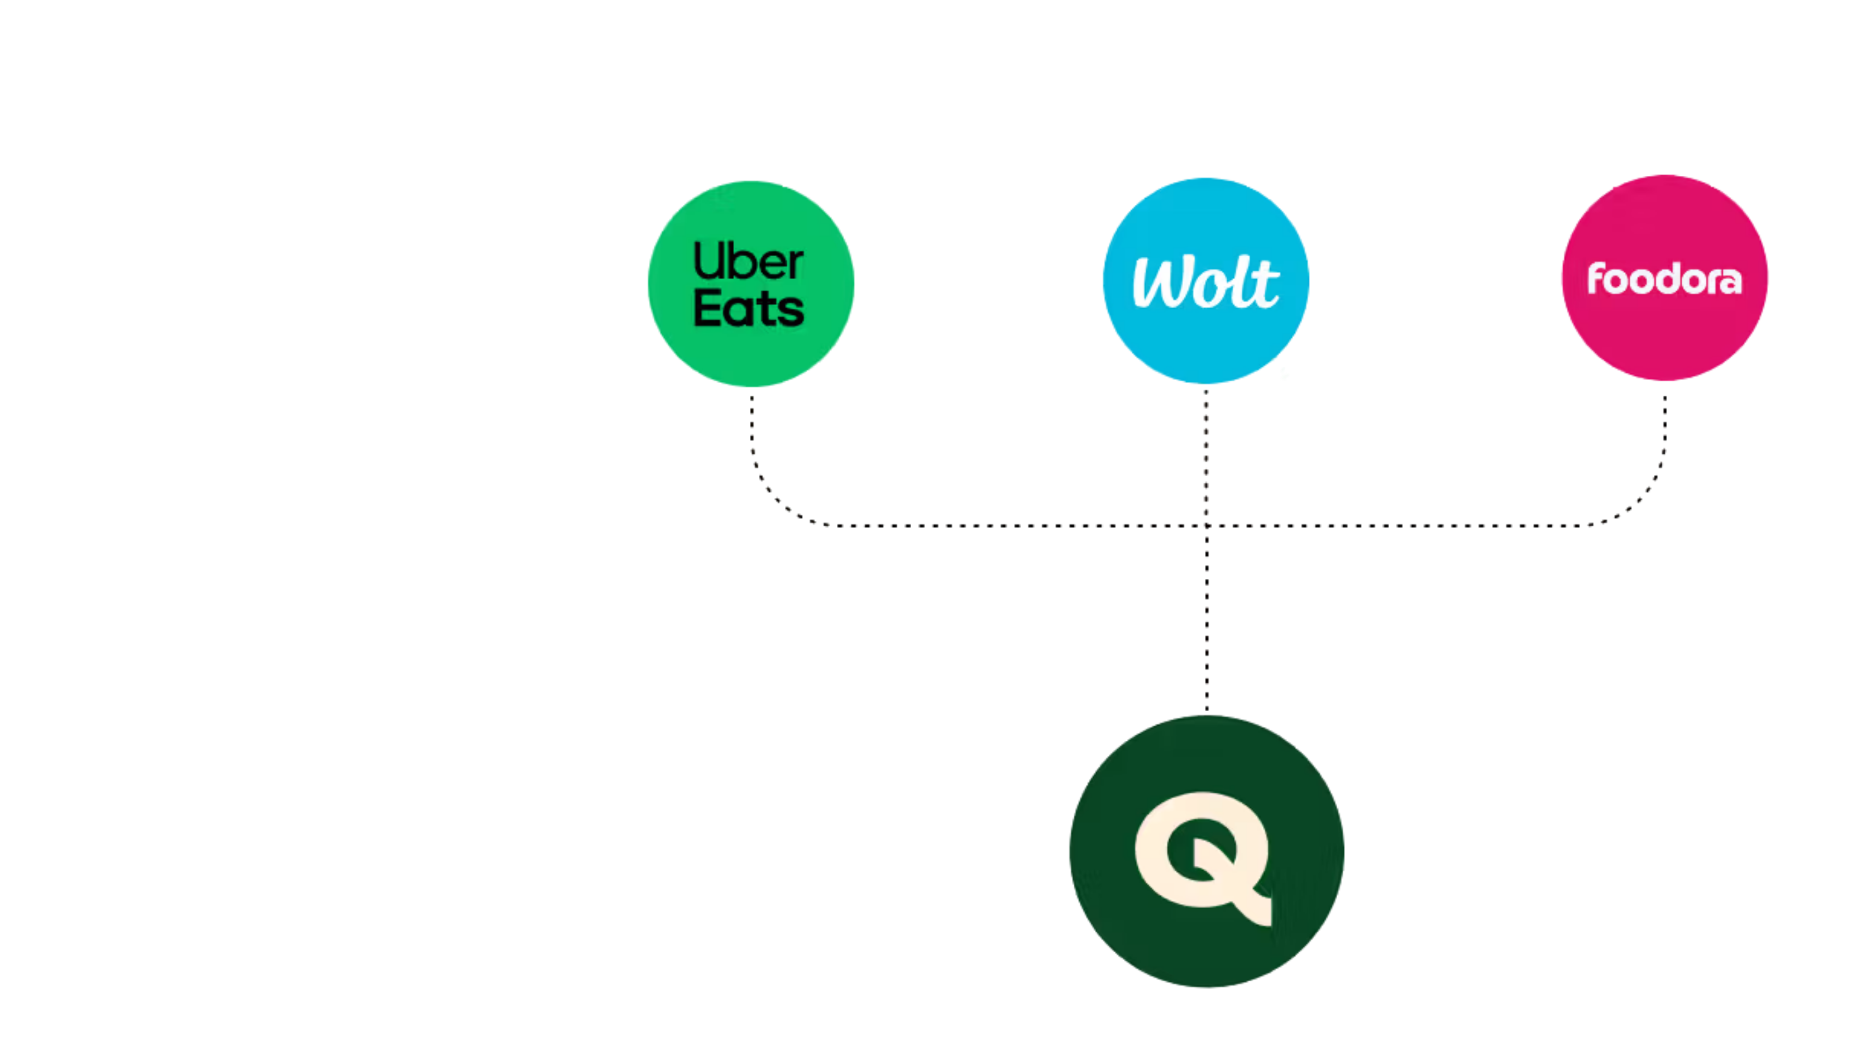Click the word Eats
748,309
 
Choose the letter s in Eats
792,311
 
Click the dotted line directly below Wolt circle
1206,452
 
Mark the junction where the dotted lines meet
1206,524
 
